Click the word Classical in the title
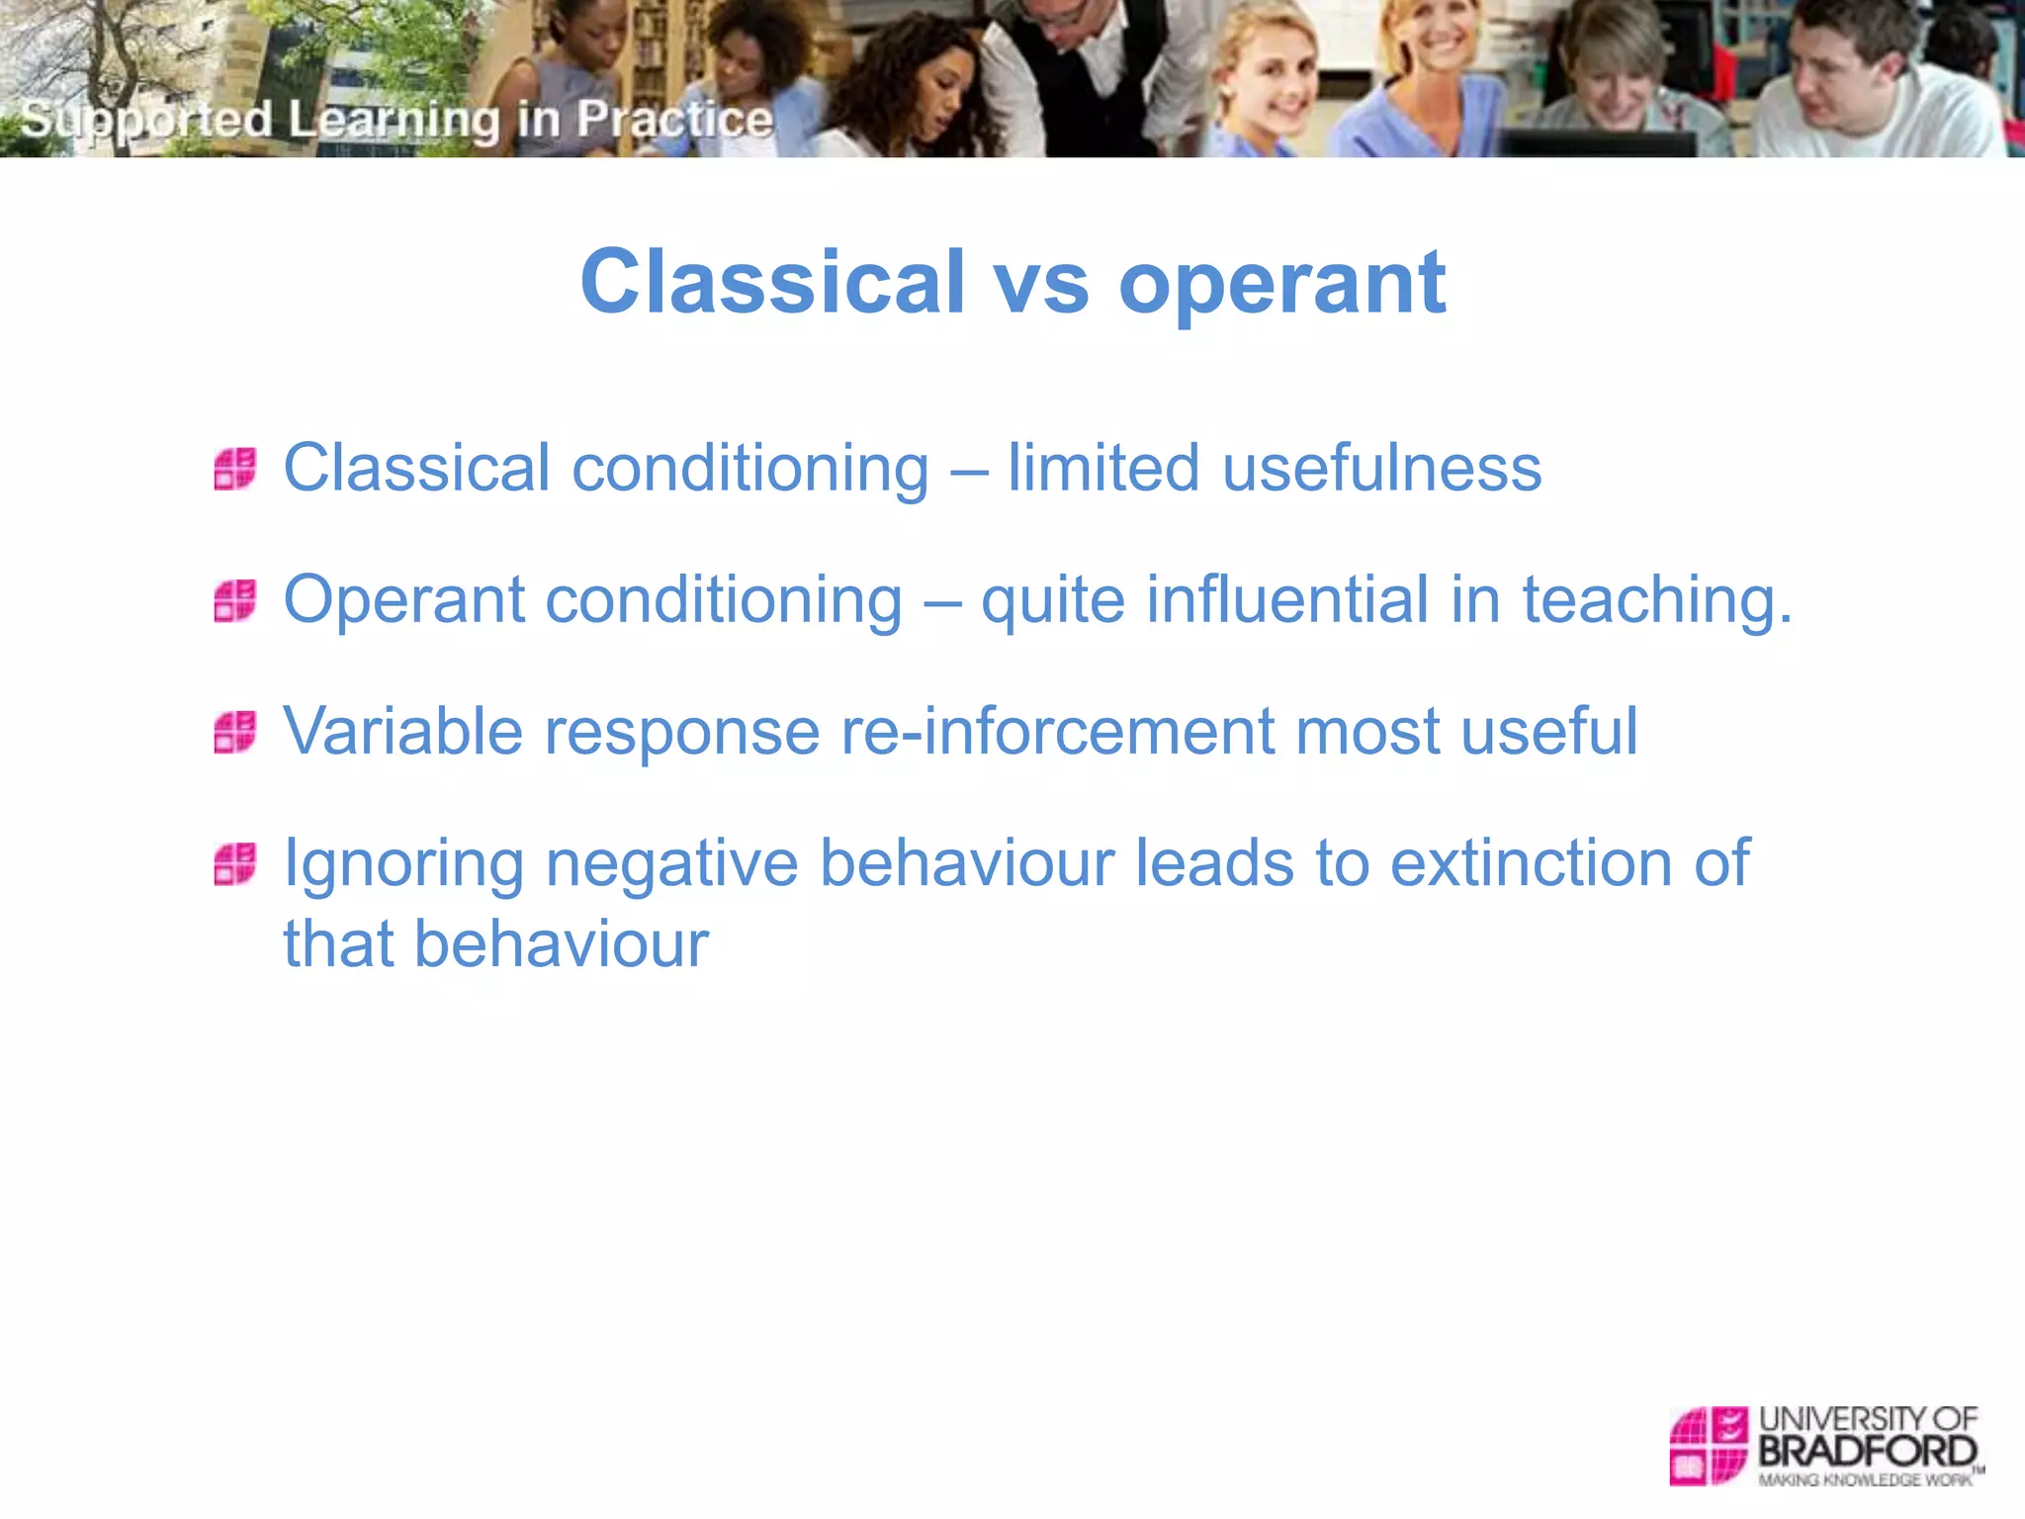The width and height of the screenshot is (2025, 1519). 771,283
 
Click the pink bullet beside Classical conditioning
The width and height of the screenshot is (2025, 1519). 235,469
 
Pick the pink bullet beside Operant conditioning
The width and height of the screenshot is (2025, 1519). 235,600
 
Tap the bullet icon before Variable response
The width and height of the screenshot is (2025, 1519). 235,732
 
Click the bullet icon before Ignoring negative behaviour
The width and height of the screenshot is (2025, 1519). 235,863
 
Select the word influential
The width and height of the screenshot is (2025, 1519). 1286,599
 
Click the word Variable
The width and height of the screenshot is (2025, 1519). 402,731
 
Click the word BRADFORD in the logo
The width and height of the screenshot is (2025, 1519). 1867,1452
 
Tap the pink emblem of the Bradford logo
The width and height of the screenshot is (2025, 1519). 1708,1446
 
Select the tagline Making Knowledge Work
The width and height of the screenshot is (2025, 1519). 1865,1480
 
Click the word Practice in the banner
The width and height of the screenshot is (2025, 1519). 674,120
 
